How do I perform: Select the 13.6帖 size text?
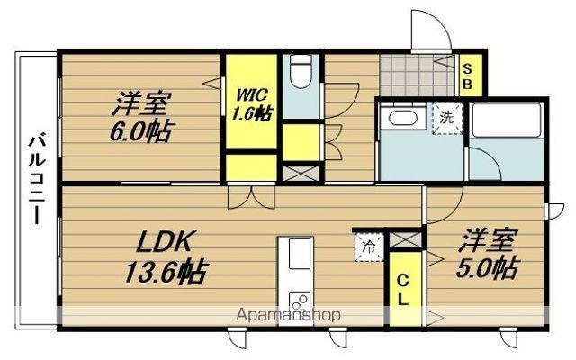click(x=167, y=269)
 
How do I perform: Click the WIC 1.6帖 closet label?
click(x=250, y=103)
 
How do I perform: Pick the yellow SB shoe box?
click(x=469, y=74)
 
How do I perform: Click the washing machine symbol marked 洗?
click(x=446, y=118)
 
